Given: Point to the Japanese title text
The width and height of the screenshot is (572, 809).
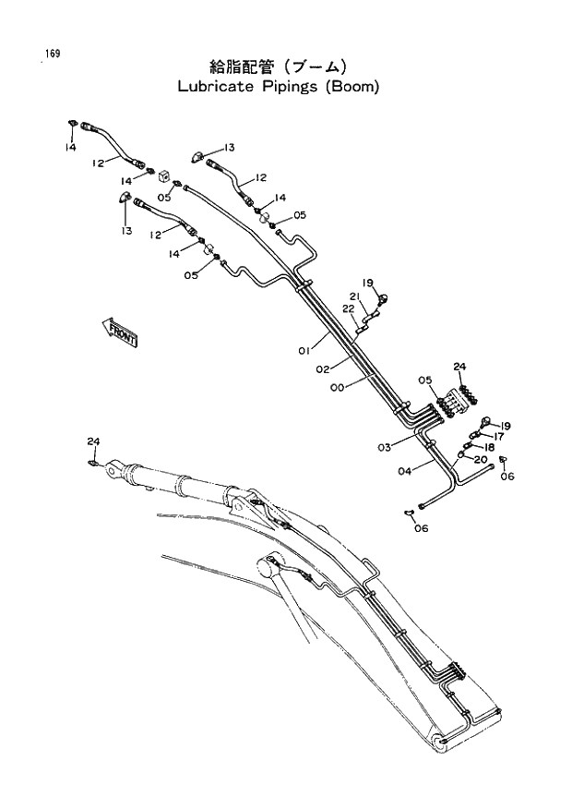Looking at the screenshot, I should pyautogui.click(x=278, y=66).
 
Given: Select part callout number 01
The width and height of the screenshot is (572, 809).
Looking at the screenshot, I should pyautogui.click(x=303, y=351).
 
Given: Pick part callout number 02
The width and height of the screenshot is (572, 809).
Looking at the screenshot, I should pyautogui.click(x=323, y=369).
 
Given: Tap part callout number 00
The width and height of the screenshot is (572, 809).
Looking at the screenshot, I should pyautogui.click(x=337, y=389).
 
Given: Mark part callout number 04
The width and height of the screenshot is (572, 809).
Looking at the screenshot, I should pyautogui.click(x=404, y=471).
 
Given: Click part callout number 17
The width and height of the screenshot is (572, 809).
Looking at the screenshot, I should pyautogui.click(x=498, y=437).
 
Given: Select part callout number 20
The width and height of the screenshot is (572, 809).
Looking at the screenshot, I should pyautogui.click(x=481, y=459).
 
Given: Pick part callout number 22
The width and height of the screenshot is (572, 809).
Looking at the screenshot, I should pyautogui.click(x=350, y=308).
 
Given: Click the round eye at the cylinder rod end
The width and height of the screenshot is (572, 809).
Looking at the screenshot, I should pyautogui.click(x=112, y=471).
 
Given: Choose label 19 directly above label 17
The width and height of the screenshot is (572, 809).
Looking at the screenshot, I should pyautogui.click(x=505, y=426).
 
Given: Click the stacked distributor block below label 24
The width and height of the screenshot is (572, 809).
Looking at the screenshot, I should pyautogui.click(x=453, y=404).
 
